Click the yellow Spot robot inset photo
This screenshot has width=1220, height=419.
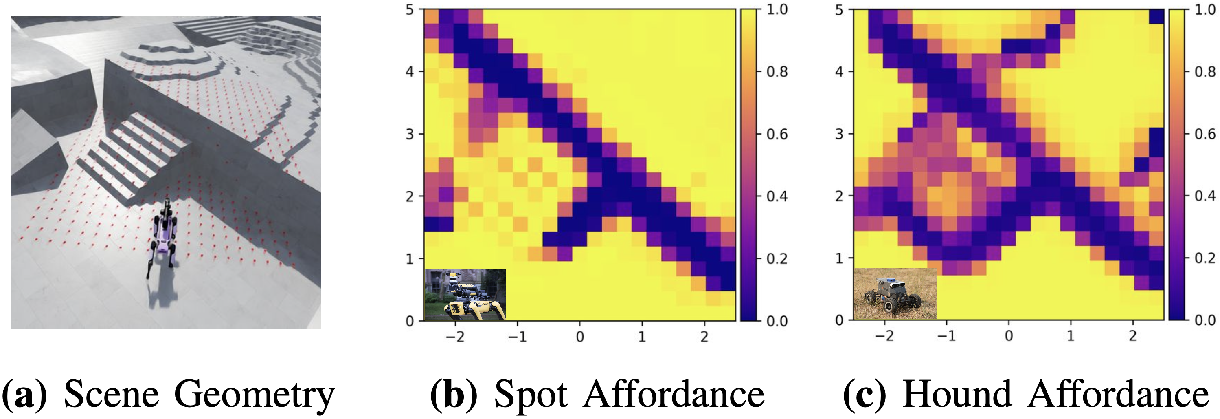(x=465, y=295)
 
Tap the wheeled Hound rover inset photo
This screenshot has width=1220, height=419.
(x=895, y=294)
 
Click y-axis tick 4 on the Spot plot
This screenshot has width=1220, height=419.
(x=410, y=72)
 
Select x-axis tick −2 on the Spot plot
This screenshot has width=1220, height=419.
(x=455, y=337)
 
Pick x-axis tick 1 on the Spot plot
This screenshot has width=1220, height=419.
(x=642, y=337)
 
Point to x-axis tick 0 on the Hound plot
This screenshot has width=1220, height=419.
(x=1009, y=335)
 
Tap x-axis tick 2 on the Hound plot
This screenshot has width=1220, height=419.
(x=1133, y=335)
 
